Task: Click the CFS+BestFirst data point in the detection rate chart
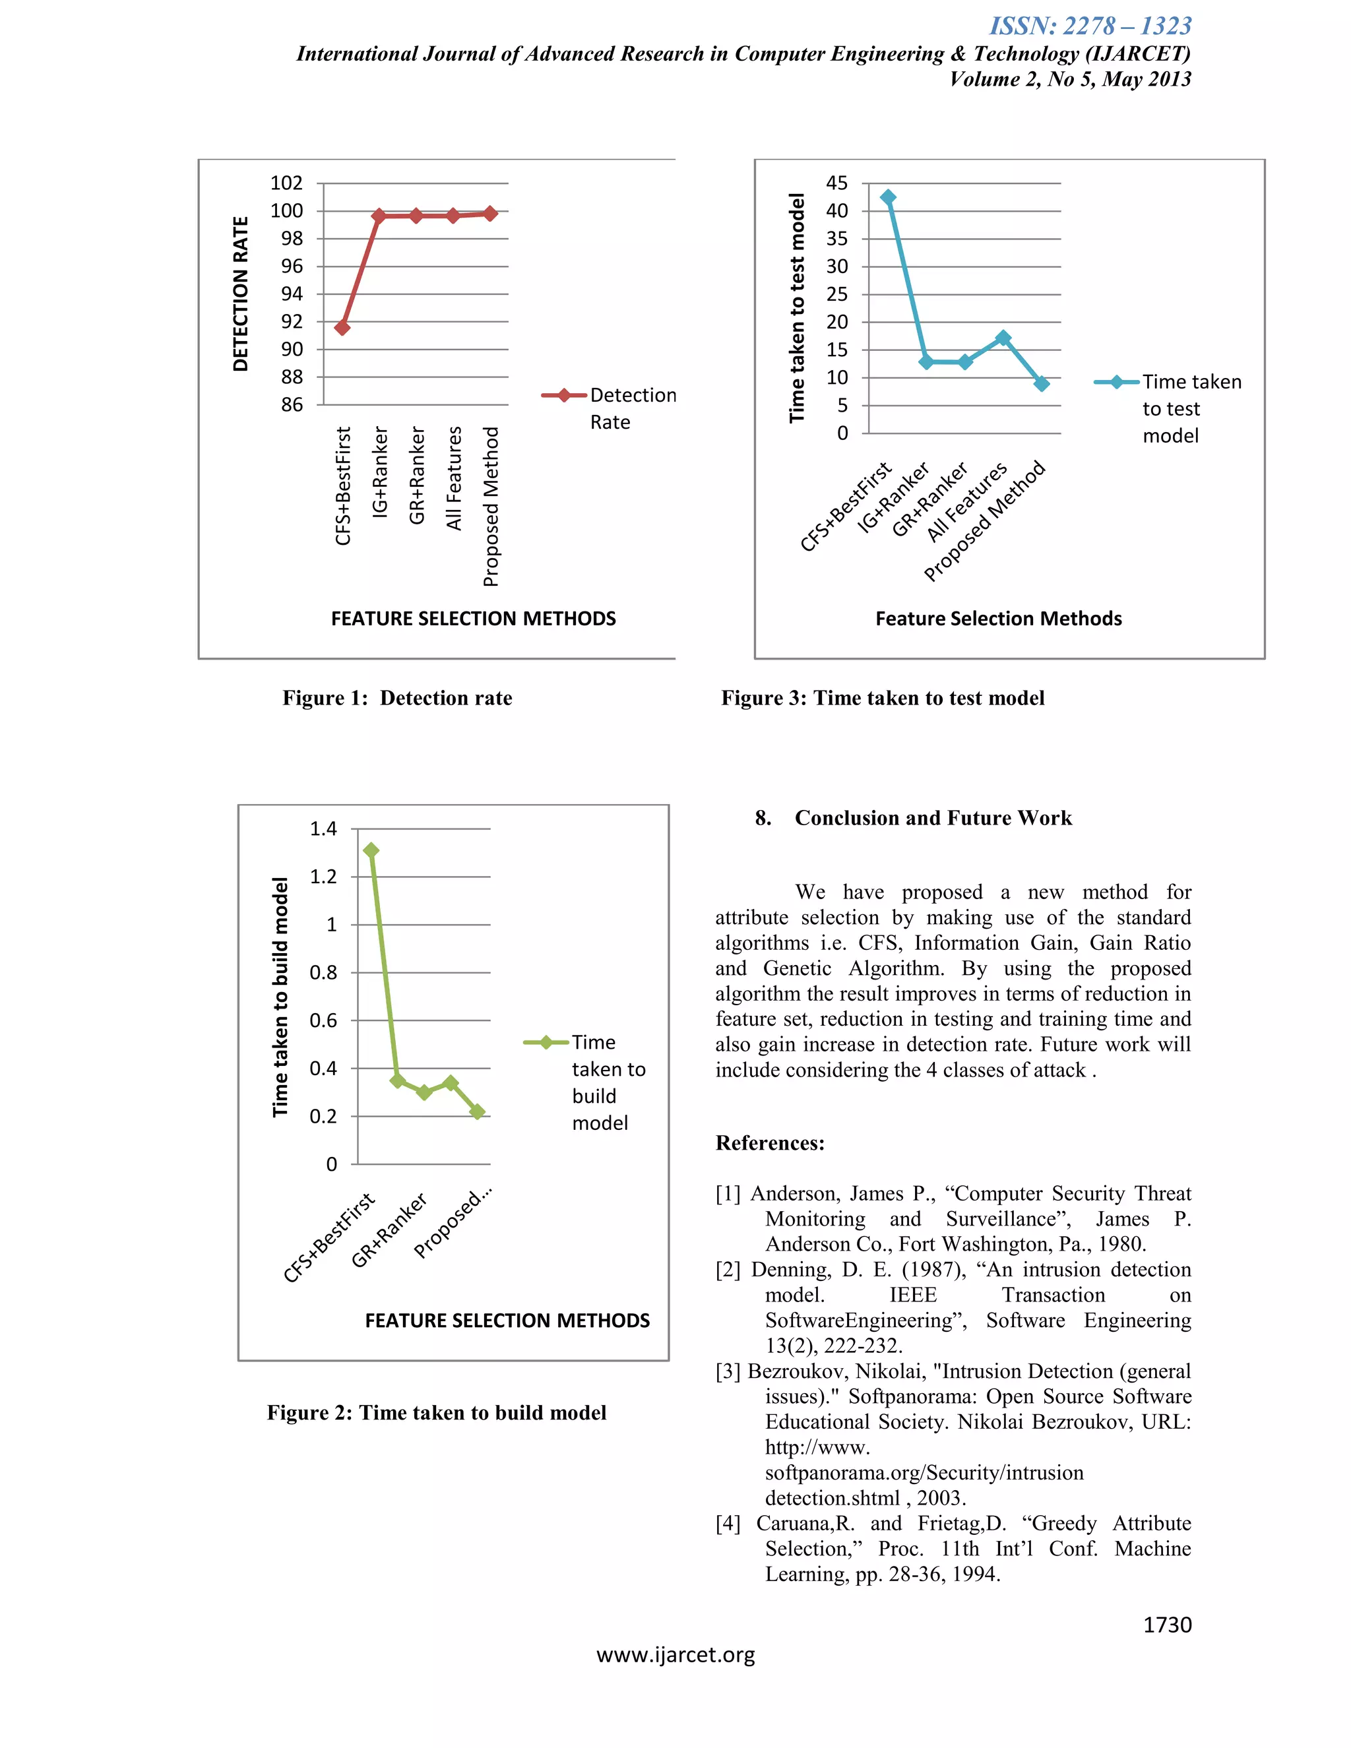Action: click(x=342, y=327)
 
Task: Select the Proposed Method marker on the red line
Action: click(x=490, y=214)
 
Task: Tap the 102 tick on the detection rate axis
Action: click(x=286, y=183)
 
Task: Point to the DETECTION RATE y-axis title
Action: click(x=240, y=294)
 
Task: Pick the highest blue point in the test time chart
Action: click(x=888, y=197)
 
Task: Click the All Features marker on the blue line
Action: click(x=1003, y=338)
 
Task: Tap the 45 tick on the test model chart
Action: click(x=836, y=183)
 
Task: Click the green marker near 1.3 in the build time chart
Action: click(x=371, y=850)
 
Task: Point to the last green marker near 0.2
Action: click(x=478, y=1111)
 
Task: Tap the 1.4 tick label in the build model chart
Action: click(x=323, y=829)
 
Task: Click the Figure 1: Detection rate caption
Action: click(x=397, y=698)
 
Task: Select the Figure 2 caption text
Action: click(x=436, y=1413)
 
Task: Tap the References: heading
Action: click(x=769, y=1143)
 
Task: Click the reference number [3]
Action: click(x=728, y=1371)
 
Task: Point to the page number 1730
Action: click(x=1167, y=1624)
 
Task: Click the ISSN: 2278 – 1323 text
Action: click(x=1090, y=26)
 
